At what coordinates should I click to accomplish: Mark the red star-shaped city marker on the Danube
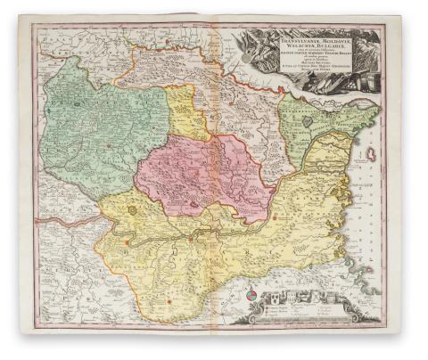[x=190, y=239]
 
